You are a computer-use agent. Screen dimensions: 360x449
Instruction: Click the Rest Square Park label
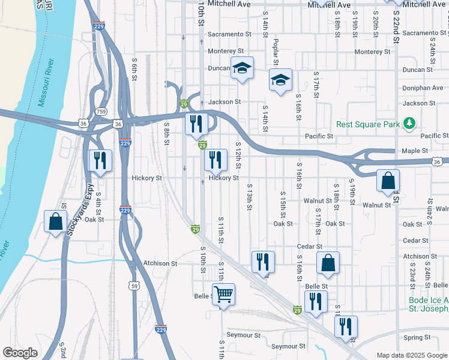tap(368, 124)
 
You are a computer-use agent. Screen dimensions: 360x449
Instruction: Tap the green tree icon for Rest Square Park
tap(410, 123)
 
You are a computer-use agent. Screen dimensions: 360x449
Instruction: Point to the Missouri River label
tap(46, 82)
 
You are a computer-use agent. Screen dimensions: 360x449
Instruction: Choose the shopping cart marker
tap(223, 295)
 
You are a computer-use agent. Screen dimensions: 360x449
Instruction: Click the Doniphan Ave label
tap(423, 88)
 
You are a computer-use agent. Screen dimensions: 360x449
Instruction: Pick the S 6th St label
tap(134, 70)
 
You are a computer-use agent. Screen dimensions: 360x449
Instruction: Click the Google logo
tap(20, 353)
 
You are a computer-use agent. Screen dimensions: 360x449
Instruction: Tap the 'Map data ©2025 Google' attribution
tap(411, 355)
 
